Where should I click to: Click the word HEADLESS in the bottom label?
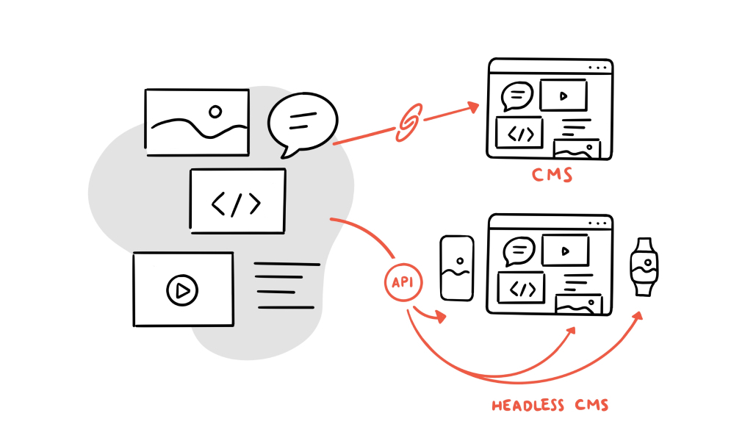[x=528, y=405]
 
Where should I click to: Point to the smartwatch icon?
[x=644, y=266]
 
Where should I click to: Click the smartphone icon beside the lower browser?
[x=456, y=268]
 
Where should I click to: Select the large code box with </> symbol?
[x=237, y=201]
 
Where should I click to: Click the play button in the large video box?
[x=182, y=290]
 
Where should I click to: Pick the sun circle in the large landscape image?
[x=215, y=112]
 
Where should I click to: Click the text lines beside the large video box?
[x=287, y=285]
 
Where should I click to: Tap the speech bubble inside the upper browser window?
[x=517, y=96]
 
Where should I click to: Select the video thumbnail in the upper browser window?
[x=564, y=95]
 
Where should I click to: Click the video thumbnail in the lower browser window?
[x=565, y=251]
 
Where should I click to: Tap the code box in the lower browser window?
[x=521, y=288]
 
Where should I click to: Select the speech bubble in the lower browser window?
[x=519, y=251]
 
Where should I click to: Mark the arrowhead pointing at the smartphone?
[x=440, y=317]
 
